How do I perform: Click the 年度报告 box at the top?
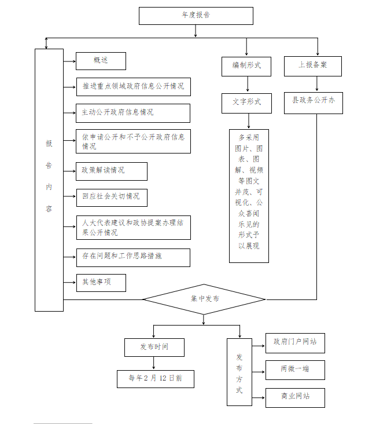196,16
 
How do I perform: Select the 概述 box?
101,61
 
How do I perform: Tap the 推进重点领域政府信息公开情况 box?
133,87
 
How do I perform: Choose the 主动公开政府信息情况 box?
133,113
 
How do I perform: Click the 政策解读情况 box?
112,171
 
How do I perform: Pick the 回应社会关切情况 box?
112,197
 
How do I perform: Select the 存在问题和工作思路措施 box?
133,257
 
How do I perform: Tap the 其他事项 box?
101,283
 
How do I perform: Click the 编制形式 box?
247,66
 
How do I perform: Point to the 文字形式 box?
247,103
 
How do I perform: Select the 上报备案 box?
312,66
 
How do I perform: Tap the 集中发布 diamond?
204,299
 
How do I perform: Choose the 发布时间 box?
154,347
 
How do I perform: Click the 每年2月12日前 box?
155,379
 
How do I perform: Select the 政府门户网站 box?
295,342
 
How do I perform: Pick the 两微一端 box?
295,370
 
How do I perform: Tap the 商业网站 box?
295,397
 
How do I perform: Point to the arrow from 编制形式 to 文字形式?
247,85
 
